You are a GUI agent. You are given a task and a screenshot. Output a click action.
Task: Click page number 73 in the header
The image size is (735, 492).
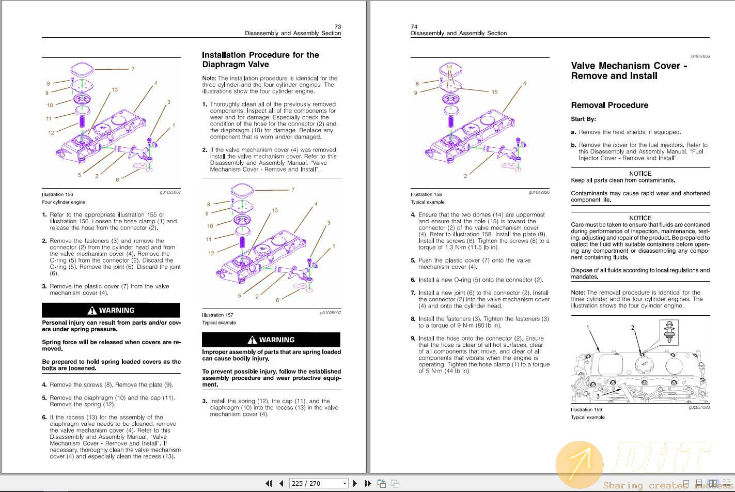pos(338,26)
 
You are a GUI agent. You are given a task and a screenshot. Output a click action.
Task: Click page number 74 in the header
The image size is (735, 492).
pos(414,26)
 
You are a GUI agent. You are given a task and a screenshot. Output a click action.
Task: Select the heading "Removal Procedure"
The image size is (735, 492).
pos(609,105)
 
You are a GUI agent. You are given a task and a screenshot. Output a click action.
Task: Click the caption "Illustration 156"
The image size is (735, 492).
pos(57,195)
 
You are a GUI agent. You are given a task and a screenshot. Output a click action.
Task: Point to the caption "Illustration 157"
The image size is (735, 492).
pos(217,315)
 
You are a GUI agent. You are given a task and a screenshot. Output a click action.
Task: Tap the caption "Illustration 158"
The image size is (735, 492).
pos(426,195)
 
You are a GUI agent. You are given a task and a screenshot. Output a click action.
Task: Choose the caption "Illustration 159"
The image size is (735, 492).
pos(586,410)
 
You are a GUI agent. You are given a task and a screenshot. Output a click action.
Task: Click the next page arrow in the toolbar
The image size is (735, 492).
pos(355,484)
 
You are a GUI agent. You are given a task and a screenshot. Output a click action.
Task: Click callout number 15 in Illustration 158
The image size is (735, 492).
pos(494,92)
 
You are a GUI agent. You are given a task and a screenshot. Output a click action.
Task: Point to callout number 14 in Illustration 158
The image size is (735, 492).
pos(449,68)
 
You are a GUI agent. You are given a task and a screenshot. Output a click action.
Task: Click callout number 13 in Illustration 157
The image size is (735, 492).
pos(275,210)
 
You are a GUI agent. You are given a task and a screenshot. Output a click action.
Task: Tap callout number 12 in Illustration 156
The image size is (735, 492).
pos(51,133)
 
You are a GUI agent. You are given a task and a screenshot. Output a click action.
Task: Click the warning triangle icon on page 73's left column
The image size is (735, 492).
pos(92,311)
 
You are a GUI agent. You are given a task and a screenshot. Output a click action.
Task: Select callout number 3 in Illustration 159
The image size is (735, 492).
pos(598,396)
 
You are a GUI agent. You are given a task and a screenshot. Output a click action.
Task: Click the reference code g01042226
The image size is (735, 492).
pos(539,192)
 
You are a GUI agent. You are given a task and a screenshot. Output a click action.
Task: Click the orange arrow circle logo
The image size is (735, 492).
pos(579,464)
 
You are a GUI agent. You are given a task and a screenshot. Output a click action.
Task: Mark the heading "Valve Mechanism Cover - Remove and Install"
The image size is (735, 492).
pos(629,71)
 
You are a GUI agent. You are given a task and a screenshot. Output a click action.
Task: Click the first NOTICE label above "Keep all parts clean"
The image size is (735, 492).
pos(640,174)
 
